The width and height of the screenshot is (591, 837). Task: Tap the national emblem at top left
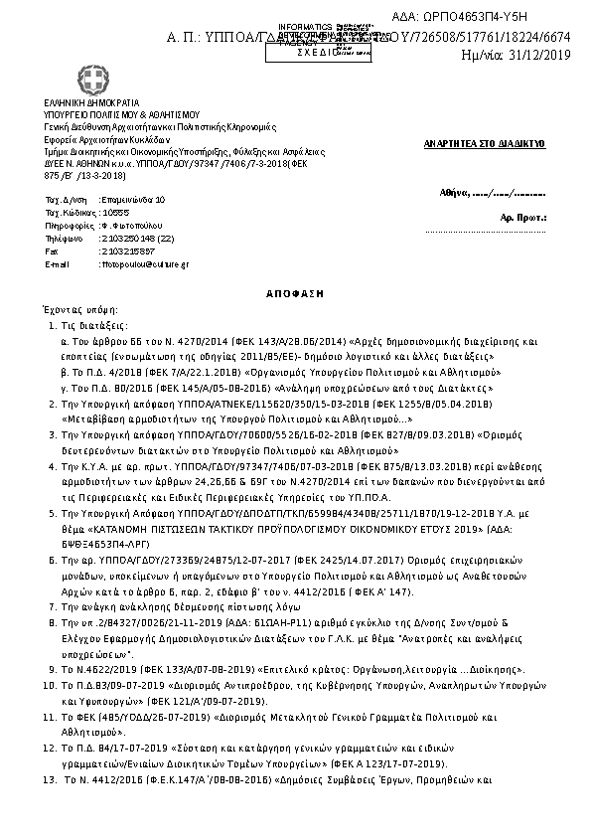point(57,78)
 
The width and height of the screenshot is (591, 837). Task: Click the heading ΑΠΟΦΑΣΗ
point(295,294)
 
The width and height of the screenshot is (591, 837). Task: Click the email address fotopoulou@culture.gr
point(137,264)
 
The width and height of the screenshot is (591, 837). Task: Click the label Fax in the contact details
point(53,251)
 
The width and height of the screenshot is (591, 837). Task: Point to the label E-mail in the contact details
point(58,264)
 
